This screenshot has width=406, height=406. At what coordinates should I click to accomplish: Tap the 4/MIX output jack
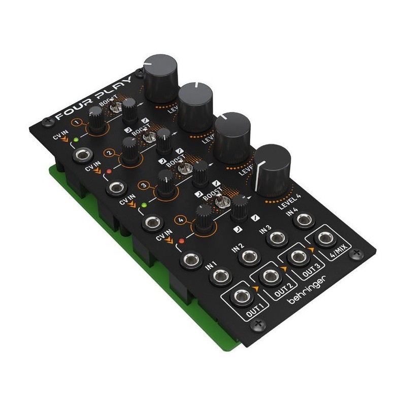(x=325, y=239)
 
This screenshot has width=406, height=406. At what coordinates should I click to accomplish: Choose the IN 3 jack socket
(x=276, y=238)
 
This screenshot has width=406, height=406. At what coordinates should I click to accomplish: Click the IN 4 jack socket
(x=303, y=219)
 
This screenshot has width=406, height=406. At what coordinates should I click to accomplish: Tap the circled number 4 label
(x=181, y=220)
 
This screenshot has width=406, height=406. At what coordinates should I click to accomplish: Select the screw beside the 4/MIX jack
(x=358, y=252)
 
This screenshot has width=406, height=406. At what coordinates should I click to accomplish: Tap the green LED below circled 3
(x=143, y=206)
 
